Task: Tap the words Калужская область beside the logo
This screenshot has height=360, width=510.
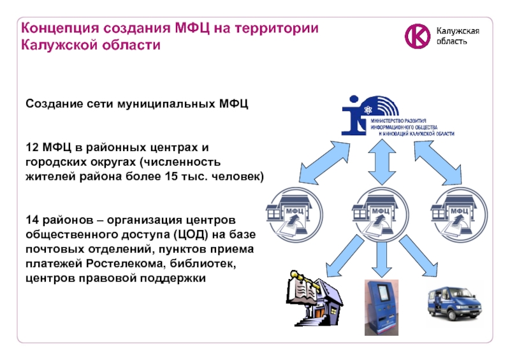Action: pyautogui.click(x=457, y=36)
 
